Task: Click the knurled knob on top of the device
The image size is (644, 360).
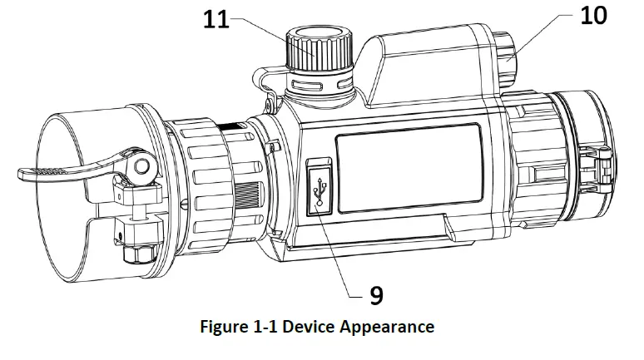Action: click(318, 52)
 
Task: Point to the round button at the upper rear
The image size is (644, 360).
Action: click(508, 56)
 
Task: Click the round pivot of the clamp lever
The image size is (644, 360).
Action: click(139, 165)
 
